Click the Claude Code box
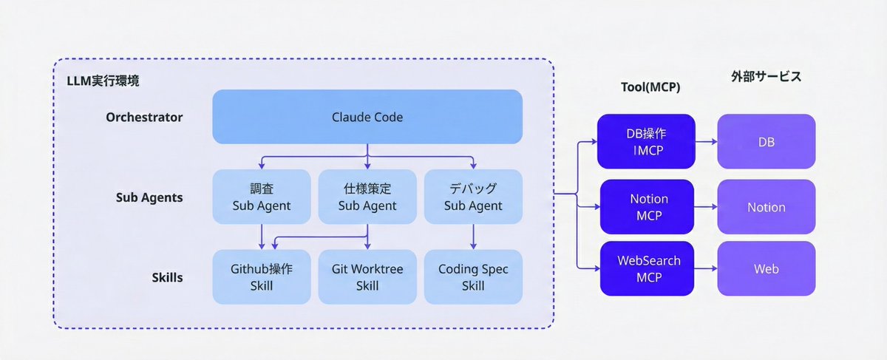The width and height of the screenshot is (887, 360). pos(367,117)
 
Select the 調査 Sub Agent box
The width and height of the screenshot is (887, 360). pos(262,197)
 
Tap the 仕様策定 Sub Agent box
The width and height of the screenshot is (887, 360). pos(367,197)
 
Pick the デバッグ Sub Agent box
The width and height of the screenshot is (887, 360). pos(473,197)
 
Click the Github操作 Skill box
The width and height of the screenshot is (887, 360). pos(262,277)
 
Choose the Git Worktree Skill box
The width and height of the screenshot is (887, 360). pos(367,277)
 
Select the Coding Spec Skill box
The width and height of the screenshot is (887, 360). pos(473,277)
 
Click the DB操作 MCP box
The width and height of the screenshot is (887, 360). pos(648,141)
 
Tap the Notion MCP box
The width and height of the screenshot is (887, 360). pos(648,207)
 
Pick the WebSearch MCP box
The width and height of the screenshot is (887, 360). pos(648,269)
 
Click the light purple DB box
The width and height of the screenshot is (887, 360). pos(766,141)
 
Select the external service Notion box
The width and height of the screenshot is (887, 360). pos(766,207)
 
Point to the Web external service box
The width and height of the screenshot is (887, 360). pos(766,269)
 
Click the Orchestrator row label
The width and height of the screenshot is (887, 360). pos(144,117)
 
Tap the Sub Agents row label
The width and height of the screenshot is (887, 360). pos(149,197)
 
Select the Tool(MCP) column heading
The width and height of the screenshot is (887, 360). pos(650,86)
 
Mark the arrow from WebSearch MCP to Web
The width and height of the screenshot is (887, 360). pos(706,269)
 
